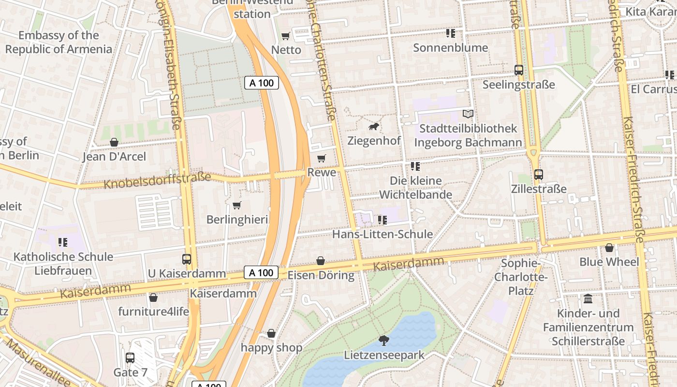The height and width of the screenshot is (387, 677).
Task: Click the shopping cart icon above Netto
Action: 286,36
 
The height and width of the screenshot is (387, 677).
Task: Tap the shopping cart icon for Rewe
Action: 321,158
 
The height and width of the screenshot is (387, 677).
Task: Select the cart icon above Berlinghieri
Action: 237,206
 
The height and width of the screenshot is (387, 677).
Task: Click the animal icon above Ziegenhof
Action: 374,127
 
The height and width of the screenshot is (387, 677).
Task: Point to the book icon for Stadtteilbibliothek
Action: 468,114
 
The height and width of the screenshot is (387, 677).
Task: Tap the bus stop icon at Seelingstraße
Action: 519,70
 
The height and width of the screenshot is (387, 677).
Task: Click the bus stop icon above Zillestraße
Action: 538,175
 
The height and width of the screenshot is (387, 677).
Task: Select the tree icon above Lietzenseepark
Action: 384,341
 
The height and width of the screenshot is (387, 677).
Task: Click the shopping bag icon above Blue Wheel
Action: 609,248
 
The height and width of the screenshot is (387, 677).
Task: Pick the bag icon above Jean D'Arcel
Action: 114,142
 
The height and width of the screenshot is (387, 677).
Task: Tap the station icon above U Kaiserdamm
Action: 187,259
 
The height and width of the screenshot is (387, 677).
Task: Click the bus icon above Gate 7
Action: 130,358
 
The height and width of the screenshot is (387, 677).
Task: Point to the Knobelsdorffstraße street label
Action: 158,180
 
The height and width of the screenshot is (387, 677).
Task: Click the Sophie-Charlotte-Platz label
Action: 521,277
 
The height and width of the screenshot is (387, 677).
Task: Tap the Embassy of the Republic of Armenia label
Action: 59,42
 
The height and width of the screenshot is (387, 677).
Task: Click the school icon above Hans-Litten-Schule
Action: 383,220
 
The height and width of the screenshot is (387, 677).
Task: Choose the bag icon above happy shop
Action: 271,333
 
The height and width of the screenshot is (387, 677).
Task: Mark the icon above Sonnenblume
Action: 450,33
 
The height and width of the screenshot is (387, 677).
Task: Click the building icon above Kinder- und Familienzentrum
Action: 588,299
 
